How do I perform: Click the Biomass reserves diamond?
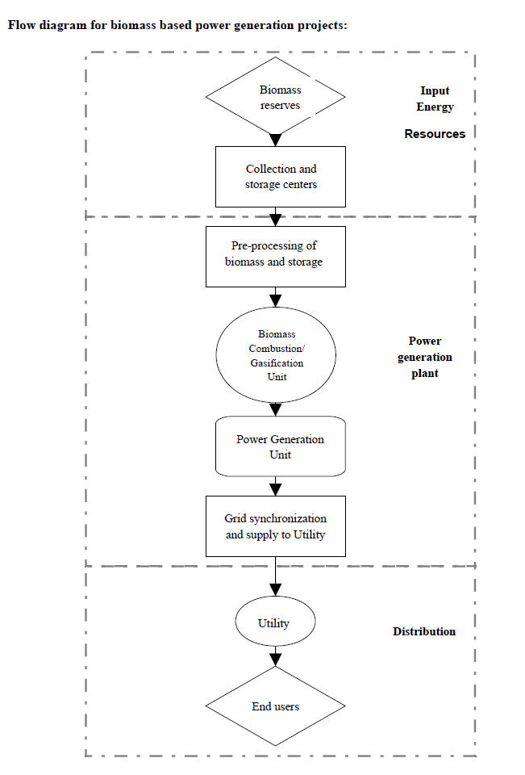pyautogui.click(x=275, y=96)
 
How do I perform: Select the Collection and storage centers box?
pyautogui.click(x=281, y=177)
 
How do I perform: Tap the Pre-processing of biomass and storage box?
pyautogui.click(x=276, y=257)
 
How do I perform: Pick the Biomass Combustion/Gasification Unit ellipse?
pyautogui.click(x=276, y=355)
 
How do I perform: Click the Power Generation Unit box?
pyautogui.click(x=281, y=446)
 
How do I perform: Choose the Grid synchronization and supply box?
pyautogui.click(x=276, y=526)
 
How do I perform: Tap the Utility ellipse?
pyautogui.click(x=275, y=622)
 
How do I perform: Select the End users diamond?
pyautogui.click(x=275, y=706)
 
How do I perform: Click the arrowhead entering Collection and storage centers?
pyautogui.click(x=276, y=140)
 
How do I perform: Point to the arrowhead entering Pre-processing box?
pyautogui.click(x=276, y=220)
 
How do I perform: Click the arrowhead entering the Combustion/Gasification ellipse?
pyautogui.click(x=276, y=301)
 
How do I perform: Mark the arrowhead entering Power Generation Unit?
pyautogui.click(x=276, y=410)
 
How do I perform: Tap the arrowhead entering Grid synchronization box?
pyautogui.click(x=276, y=489)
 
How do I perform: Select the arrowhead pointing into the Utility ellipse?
pyautogui.click(x=276, y=589)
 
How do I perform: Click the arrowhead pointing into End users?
pyautogui.click(x=276, y=660)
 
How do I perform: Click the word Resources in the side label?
pyautogui.click(x=435, y=134)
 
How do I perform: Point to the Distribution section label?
pyautogui.click(x=424, y=631)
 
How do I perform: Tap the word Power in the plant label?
pyautogui.click(x=425, y=341)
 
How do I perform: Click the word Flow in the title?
pyautogui.click(x=21, y=25)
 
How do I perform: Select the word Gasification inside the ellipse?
pyautogui.click(x=277, y=362)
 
